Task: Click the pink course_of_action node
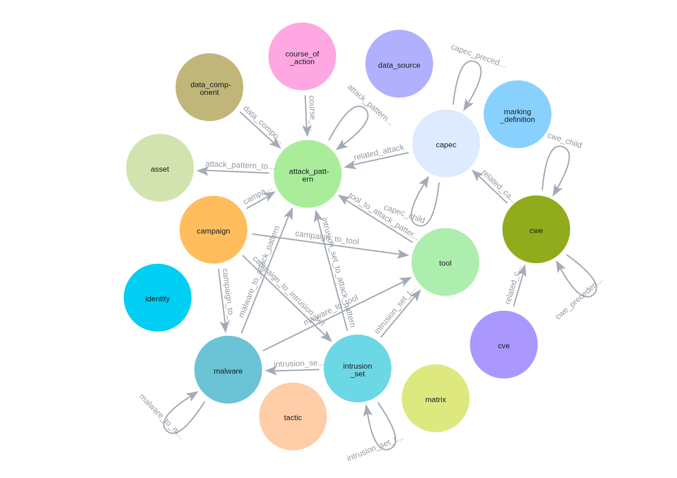click(302, 56)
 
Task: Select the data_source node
click(399, 64)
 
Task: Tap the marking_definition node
click(517, 114)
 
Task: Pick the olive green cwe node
click(536, 230)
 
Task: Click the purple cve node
click(504, 345)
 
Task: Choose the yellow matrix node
click(436, 398)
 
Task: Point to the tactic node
click(293, 417)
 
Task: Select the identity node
click(158, 298)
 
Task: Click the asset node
click(160, 168)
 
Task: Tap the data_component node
click(209, 87)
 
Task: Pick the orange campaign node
click(213, 230)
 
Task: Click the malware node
click(228, 370)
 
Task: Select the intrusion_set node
click(357, 369)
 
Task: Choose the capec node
click(446, 144)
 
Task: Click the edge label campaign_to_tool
click(327, 238)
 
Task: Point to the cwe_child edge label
click(564, 140)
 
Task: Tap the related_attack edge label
click(379, 152)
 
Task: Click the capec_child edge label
click(404, 214)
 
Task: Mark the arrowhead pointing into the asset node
click(202, 171)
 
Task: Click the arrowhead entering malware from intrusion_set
click(270, 370)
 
